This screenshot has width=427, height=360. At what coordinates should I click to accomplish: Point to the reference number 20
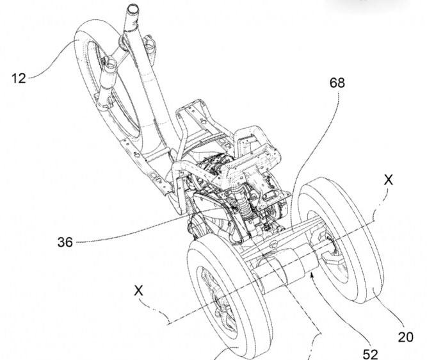(405, 335)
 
